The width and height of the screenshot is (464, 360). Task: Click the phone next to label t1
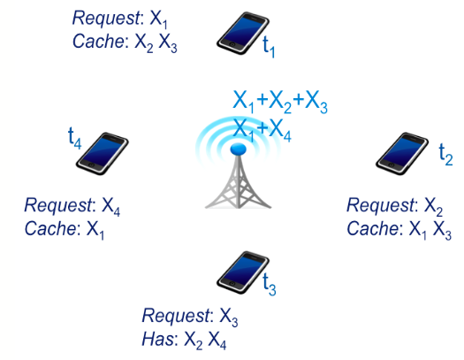(243, 33)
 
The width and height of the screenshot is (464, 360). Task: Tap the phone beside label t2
(402, 154)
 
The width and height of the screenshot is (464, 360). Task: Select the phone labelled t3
(243, 272)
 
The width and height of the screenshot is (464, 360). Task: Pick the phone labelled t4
(103, 154)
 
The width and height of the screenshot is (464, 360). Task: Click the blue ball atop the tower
(239, 149)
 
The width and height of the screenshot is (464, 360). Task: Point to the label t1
(269, 48)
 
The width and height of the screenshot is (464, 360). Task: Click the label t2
(445, 155)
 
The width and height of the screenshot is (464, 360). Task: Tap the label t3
(270, 285)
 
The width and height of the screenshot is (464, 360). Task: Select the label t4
(74, 138)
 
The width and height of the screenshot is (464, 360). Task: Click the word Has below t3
(158, 339)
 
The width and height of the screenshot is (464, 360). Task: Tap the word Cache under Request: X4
(50, 228)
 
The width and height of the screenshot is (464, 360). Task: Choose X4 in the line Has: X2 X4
(217, 341)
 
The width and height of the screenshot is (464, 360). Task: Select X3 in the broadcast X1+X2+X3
(316, 103)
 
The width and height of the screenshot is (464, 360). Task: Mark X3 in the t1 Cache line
(168, 43)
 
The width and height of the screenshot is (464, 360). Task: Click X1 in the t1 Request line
(158, 20)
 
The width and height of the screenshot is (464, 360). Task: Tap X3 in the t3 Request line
(228, 318)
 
